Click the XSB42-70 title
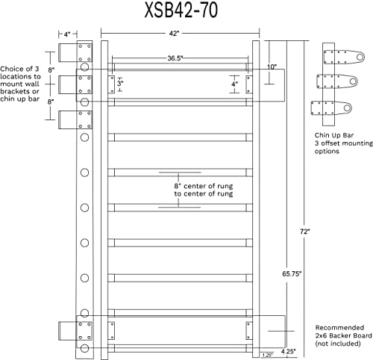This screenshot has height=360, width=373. (181, 10)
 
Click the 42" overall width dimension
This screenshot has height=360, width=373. (174, 34)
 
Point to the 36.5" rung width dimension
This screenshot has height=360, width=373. (175, 58)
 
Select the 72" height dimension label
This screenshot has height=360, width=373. (305, 232)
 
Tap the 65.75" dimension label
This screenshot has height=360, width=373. (292, 274)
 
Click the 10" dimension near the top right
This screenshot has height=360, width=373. (272, 66)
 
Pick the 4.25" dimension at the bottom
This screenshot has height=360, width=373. (288, 352)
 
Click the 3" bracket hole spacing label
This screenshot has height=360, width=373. (120, 83)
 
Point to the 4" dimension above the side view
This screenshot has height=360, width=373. (67, 34)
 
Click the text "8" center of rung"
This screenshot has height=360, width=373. (204, 186)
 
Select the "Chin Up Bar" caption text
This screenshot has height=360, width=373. (334, 135)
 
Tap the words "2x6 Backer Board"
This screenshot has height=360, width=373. (343, 335)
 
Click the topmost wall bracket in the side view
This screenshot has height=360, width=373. (75, 52)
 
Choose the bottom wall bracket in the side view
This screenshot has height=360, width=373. (75, 331)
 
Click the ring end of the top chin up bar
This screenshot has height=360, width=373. (360, 57)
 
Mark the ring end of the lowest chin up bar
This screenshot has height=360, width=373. (347, 108)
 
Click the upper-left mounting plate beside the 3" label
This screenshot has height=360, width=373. (111, 84)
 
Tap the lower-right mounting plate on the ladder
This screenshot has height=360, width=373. (249, 331)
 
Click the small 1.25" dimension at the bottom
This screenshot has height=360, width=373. (267, 355)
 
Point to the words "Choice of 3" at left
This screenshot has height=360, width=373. (19, 69)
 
